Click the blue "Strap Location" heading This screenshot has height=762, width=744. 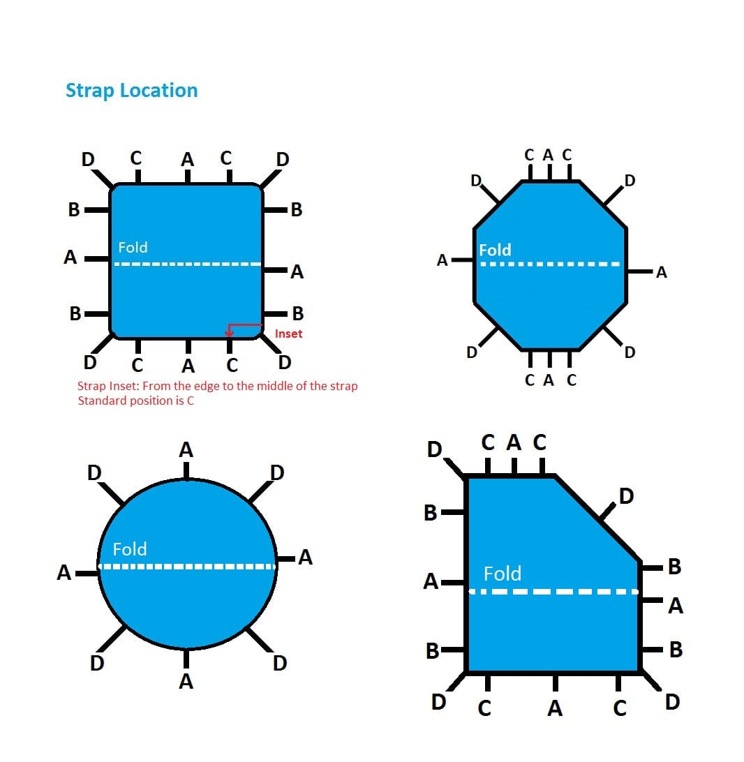(x=131, y=91)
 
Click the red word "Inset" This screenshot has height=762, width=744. (x=288, y=334)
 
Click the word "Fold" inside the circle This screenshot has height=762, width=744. (x=130, y=549)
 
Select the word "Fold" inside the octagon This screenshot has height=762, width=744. (x=495, y=250)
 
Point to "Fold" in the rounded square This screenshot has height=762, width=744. (x=133, y=247)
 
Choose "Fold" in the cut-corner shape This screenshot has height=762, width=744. (x=503, y=574)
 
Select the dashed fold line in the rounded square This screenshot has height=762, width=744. (x=187, y=264)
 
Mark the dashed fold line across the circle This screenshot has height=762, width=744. (x=187, y=566)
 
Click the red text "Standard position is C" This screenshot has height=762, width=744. (x=135, y=401)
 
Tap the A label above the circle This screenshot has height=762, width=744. (x=186, y=451)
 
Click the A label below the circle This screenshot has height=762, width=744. (x=186, y=681)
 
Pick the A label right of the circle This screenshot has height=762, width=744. (x=305, y=557)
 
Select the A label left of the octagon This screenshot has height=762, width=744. (x=442, y=261)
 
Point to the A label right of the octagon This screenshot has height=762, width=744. (x=662, y=273)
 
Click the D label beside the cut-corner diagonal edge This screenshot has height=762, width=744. (x=626, y=496)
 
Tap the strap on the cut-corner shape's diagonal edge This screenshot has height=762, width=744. (x=607, y=512)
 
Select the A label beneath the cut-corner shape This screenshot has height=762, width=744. (x=555, y=709)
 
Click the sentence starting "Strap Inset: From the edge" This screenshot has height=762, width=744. (x=217, y=386)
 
